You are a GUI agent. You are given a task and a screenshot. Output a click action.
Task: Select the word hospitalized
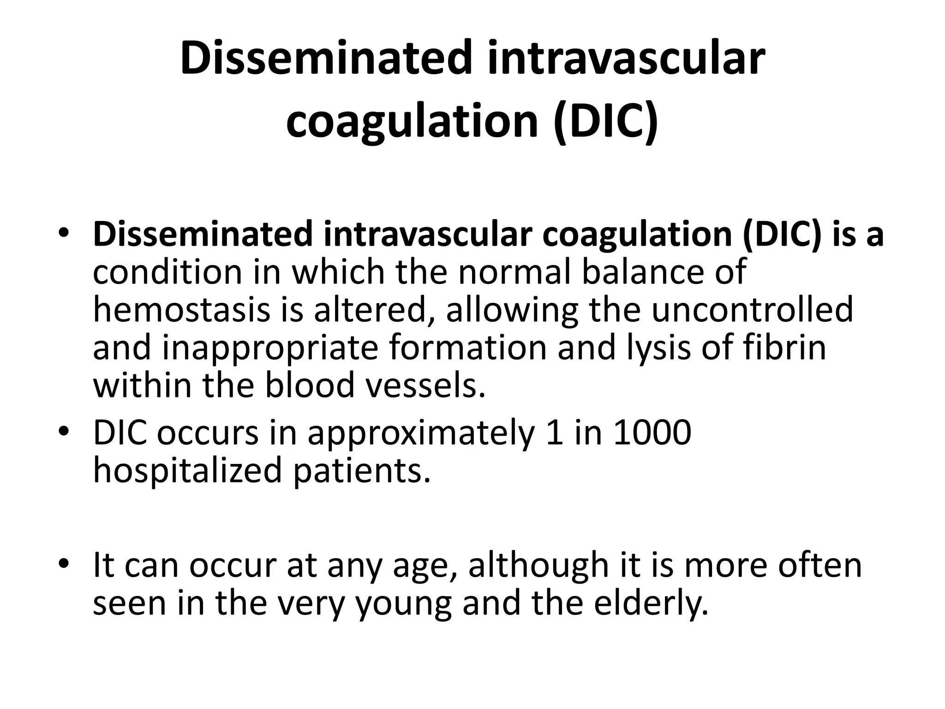(x=187, y=471)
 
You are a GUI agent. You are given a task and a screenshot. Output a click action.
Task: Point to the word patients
(x=362, y=471)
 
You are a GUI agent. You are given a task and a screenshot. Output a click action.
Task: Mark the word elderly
(x=651, y=603)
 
